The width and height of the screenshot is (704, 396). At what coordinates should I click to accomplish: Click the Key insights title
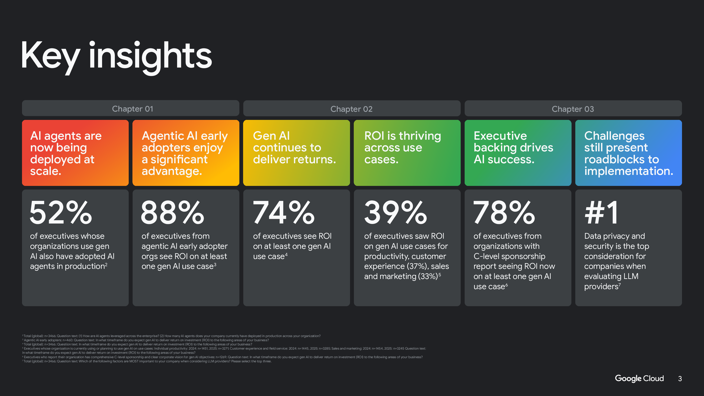tap(116, 56)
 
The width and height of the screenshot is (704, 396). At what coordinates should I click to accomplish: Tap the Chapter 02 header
tap(352, 109)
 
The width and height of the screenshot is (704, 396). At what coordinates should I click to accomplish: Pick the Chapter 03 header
tap(573, 109)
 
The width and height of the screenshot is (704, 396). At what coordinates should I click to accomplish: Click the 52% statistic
tap(61, 212)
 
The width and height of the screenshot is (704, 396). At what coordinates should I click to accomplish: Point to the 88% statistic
tap(172, 212)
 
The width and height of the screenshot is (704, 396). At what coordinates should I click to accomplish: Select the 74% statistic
tap(284, 212)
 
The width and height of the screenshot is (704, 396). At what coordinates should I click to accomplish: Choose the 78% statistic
tap(504, 212)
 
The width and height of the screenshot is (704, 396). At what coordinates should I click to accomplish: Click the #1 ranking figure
tap(601, 212)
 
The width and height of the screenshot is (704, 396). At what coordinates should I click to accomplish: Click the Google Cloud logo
tap(639, 378)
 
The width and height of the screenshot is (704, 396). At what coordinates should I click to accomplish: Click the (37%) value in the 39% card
tap(416, 266)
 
